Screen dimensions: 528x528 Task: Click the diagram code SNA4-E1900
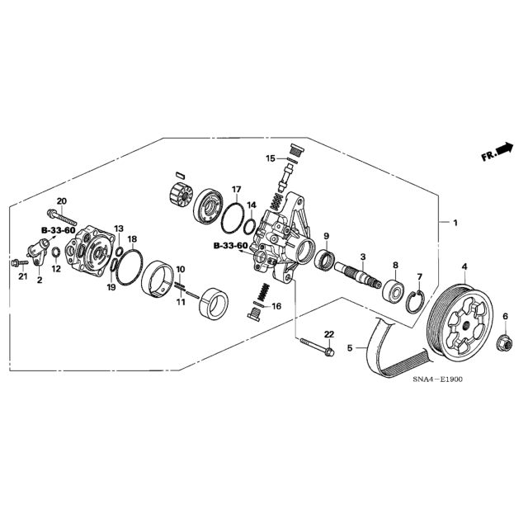click(438, 379)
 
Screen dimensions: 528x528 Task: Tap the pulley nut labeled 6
click(504, 344)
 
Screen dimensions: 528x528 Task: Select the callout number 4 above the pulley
click(464, 266)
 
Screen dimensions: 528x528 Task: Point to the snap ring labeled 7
click(416, 299)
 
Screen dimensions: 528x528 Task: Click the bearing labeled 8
click(394, 289)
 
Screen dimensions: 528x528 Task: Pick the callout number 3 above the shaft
click(363, 257)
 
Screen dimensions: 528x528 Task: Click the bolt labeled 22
click(316, 346)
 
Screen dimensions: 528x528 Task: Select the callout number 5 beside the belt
click(350, 348)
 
